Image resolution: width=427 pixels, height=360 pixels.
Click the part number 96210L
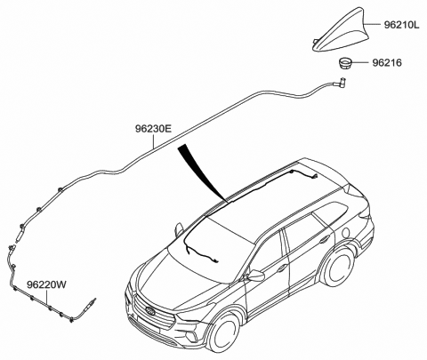(x=402, y=25)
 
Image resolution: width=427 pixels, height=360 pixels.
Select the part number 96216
(x=387, y=63)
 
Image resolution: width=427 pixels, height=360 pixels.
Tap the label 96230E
(x=153, y=129)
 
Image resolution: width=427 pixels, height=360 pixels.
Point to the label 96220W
(x=46, y=284)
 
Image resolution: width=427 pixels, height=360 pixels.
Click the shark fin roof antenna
(x=341, y=33)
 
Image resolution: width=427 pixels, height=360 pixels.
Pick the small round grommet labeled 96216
(x=344, y=63)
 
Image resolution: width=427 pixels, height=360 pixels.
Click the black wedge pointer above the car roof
(x=202, y=172)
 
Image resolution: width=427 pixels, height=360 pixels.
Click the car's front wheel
(x=223, y=332)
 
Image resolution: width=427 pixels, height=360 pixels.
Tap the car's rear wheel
(x=339, y=267)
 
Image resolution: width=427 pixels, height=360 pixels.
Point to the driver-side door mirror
(x=255, y=275)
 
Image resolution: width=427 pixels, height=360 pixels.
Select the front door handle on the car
(x=282, y=268)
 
